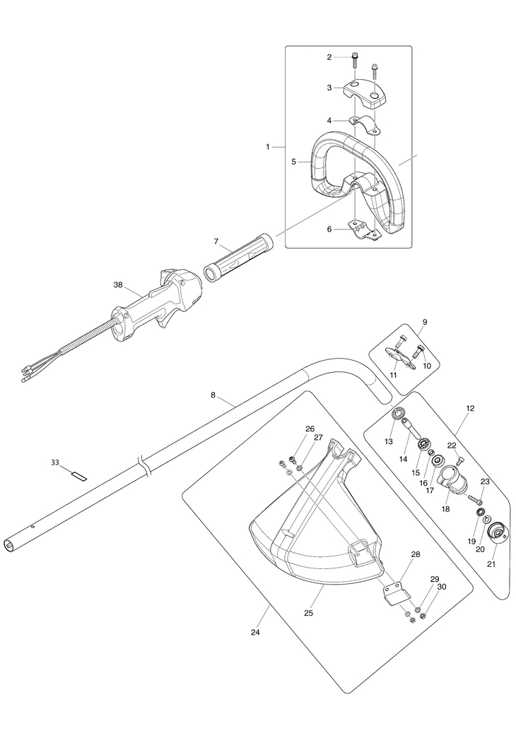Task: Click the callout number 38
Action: pos(118,285)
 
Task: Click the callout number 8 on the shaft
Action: pos(213,395)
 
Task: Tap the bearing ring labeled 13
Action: pos(399,414)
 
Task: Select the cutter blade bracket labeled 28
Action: pos(396,592)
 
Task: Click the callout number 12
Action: pos(470,408)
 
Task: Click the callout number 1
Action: pos(268,146)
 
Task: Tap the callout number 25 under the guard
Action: pos(308,613)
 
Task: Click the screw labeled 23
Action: pos(473,498)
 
